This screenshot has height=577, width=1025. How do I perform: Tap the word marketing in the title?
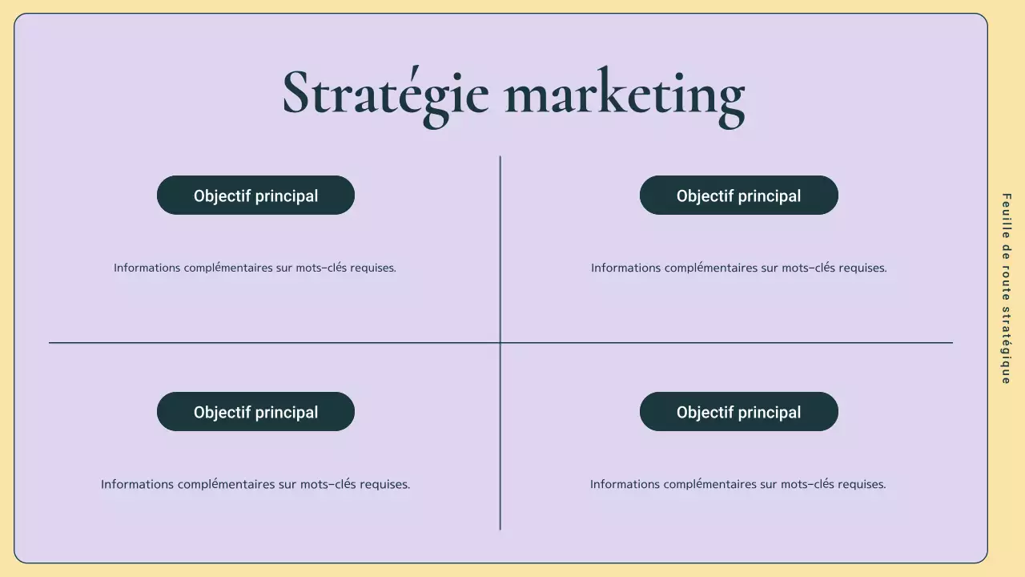pos(625,95)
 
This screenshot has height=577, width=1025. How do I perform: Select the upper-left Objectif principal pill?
pos(255,196)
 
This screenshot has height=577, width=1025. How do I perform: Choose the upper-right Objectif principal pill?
pos(738,196)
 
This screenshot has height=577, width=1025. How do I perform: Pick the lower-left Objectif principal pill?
pos(255,412)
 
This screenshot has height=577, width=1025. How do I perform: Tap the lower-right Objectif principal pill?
pos(738,412)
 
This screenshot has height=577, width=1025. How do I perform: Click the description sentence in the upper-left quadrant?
pos(255,268)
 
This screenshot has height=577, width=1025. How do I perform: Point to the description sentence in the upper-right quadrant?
pos(738,268)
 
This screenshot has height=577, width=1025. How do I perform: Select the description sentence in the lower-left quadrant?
pos(255,484)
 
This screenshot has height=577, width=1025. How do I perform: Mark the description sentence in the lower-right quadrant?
pos(738,484)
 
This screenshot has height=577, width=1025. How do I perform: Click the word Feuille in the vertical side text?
pos(1006,213)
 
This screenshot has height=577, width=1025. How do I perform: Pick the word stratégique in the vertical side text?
pos(1006,346)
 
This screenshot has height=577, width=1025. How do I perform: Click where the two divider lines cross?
pos(500,343)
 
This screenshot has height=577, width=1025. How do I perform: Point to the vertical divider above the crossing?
pos(500,248)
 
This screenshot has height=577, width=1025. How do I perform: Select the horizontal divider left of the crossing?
pos(272,343)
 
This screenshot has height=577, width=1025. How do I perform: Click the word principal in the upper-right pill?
pos(769,196)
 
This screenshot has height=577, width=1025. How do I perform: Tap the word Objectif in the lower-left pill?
pos(222,412)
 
